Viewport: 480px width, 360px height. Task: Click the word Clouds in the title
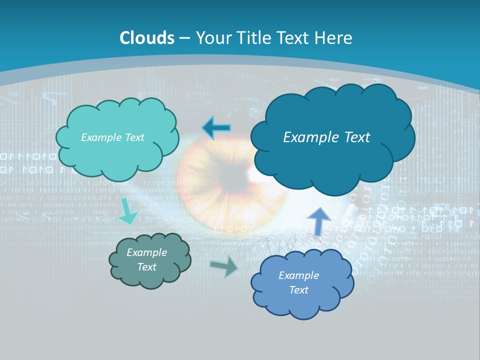pos(147,38)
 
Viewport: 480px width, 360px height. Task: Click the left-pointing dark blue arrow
pos(216,128)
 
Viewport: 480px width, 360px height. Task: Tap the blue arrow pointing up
pos(318,221)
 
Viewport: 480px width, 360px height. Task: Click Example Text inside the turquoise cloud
pos(112,137)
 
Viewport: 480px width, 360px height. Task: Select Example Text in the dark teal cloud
pos(326,137)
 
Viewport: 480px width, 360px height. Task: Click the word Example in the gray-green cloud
pos(147,252)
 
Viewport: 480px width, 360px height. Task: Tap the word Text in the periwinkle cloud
pos(298,290)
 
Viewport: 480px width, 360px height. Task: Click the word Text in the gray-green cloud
pos(147,267)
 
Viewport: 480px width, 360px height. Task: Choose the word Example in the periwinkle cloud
pos(298,275)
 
